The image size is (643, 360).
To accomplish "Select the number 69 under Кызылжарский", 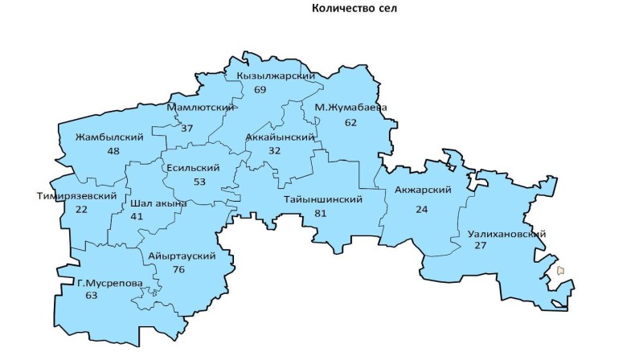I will coord(260,89).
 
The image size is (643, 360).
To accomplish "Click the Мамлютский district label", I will coord(201,107).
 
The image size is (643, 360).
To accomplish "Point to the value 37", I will coord(187,129).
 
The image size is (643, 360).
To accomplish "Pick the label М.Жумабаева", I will coord(351,108).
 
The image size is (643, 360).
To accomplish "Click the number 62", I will coord(350,123).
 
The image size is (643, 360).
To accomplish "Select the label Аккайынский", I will coord(279,137).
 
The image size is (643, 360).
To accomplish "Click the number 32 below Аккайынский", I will coord(275,150).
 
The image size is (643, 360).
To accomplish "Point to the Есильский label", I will coord(192,168).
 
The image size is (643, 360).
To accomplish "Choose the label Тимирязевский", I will coord(77,196).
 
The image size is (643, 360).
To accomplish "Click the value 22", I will coord(81,210).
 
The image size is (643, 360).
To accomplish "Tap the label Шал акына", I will coord(158,203).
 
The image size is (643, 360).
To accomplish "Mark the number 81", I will coord(321,213).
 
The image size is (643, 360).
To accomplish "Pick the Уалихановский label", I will coord(507,234).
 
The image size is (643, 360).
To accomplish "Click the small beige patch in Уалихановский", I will coord(560,271).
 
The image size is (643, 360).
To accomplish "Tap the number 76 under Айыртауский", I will coord(178,269).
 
